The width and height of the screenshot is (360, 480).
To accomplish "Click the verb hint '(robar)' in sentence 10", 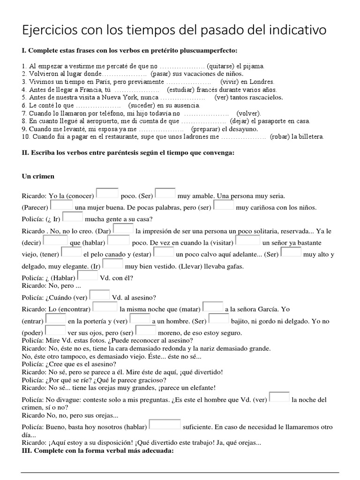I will click(279, 137).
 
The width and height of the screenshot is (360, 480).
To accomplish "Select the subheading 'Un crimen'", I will click(38, 176).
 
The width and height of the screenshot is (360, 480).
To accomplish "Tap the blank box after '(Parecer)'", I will click(61, 206).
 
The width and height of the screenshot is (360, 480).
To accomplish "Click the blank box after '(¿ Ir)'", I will click(73, 217).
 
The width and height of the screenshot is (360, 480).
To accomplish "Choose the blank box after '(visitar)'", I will click(248, 240).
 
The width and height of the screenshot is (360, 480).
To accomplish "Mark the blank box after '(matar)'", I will click(213, 307).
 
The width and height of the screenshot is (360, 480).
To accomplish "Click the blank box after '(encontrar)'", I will click(105, 307).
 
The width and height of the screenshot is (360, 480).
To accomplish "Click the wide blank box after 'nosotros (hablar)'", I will click(165, 425).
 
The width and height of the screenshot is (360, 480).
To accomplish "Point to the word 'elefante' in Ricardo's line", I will click(201, 388).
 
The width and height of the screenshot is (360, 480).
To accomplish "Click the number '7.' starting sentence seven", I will click(24, 113).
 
